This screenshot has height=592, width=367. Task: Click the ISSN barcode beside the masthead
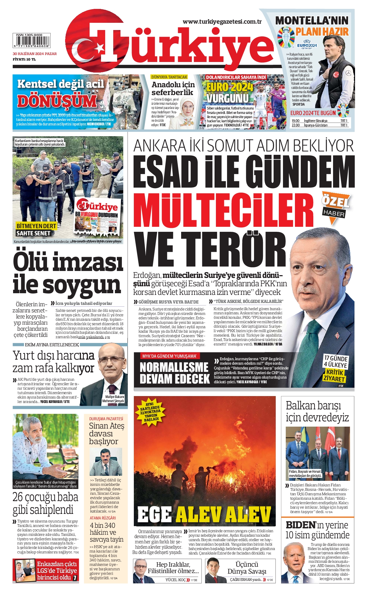(31, 41)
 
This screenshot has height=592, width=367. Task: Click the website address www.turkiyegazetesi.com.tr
(222, 22)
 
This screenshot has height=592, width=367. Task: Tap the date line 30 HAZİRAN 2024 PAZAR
(35, 54)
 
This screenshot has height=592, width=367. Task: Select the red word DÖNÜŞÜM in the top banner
(57, 101)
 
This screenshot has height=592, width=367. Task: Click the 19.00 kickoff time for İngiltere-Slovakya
(295, 121)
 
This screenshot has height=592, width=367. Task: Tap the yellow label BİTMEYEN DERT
(36, 226)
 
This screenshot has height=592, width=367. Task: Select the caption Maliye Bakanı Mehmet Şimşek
(113, 399)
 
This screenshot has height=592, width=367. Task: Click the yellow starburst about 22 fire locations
(150, 411)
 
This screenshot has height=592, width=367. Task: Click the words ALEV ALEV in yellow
(223, 514)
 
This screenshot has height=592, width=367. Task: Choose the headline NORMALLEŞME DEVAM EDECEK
(174, 373)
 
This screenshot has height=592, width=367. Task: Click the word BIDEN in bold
(301, 525)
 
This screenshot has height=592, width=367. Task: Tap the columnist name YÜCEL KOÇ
(175, 580)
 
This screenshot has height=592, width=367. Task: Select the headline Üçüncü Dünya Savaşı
(247, 568)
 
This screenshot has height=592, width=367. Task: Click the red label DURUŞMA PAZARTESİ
(106, 419)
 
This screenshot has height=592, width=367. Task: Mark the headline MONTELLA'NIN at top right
(312, 21)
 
